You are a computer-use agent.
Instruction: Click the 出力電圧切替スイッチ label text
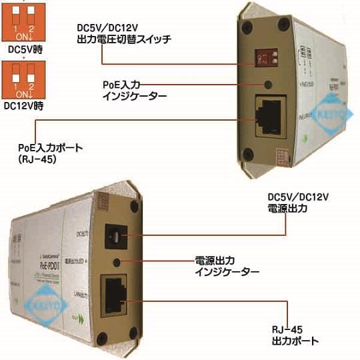(124, 40)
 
